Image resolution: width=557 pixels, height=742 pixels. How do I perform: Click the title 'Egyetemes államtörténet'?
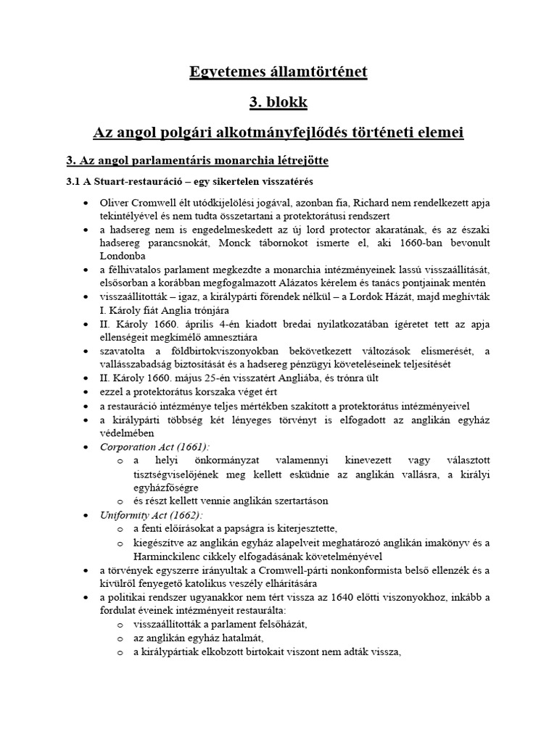[x=278, y=72]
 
